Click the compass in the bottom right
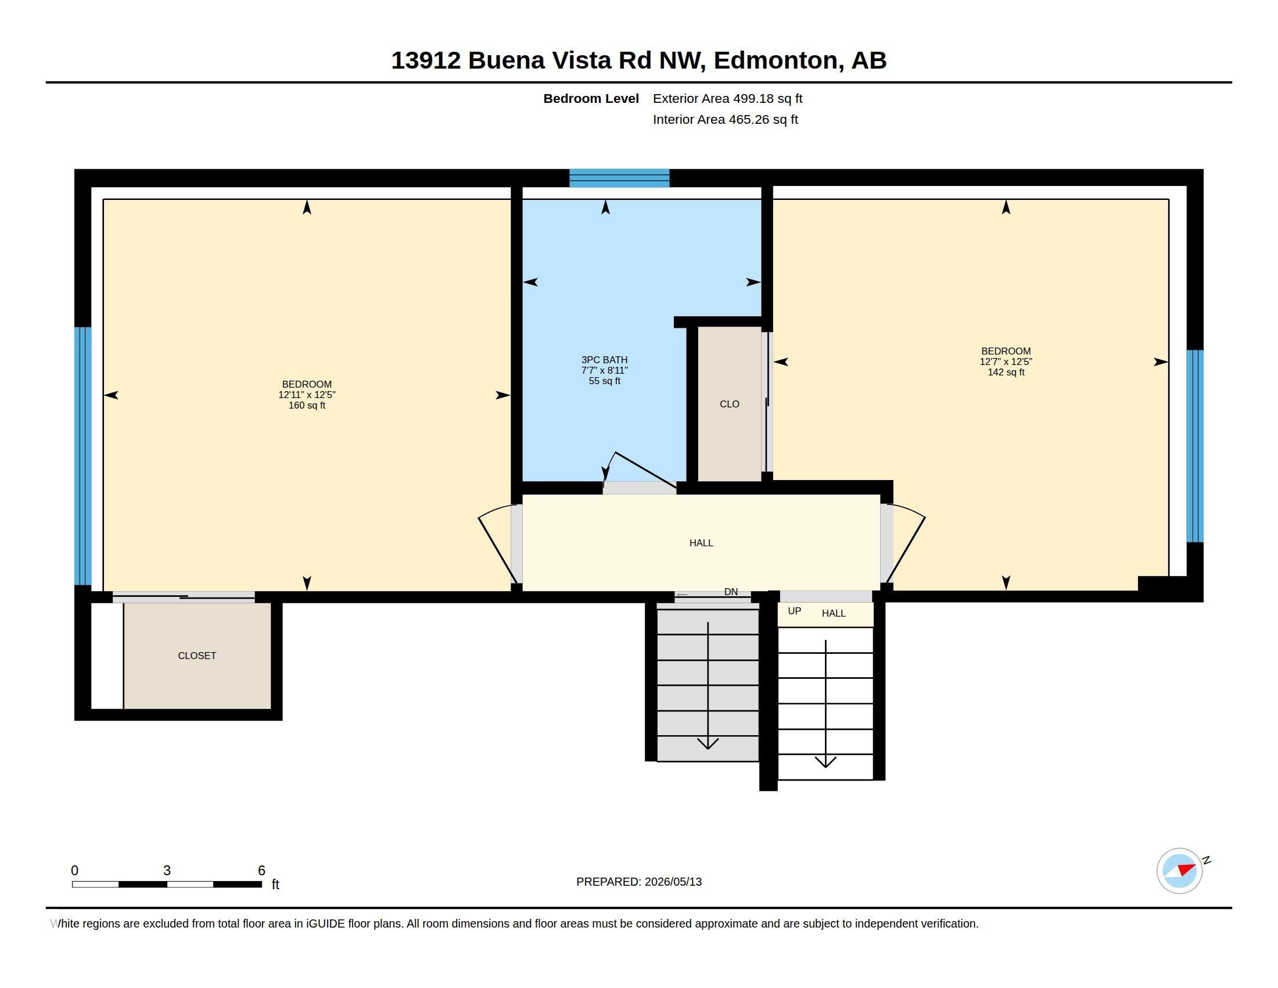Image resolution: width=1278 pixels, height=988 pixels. point(1179,871)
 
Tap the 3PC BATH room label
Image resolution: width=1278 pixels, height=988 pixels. point(605,360)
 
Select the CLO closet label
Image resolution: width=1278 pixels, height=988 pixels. point(729,404)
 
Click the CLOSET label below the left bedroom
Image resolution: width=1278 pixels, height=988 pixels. point(196,656)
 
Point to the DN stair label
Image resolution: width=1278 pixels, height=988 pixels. point(731,592)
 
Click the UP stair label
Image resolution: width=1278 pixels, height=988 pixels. point(794,611)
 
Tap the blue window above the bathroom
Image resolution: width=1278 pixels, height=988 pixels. point(619,178)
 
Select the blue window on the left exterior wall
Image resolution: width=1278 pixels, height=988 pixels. point(83,456)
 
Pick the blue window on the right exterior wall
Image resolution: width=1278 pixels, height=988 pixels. point(1194,446)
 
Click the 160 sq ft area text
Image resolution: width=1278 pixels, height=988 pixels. point(307,405)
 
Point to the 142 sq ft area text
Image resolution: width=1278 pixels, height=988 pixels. point(1006,373)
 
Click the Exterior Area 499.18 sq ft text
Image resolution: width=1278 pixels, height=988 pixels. point(727,98)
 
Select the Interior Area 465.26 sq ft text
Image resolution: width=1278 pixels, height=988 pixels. point(725,119)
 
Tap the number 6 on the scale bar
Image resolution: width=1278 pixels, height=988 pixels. point(261,871)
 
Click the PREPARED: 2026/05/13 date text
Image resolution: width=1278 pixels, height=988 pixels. point(639,882)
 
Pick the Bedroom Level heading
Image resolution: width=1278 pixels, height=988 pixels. point(591,98)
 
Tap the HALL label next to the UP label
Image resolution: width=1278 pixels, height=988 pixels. point(833,613)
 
